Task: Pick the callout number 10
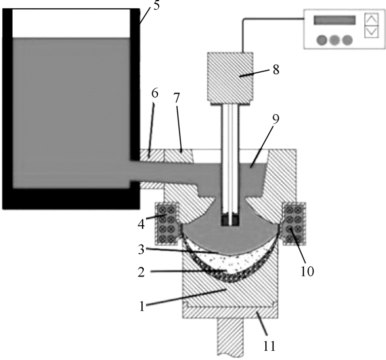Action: click(307, 271)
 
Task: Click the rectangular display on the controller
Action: click(334, 20)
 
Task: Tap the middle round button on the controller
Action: click(334, 39)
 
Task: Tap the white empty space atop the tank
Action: click(71, 23)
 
